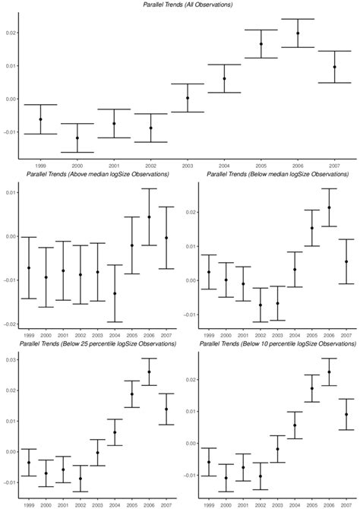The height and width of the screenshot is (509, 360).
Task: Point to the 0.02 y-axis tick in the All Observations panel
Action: click(10, 33)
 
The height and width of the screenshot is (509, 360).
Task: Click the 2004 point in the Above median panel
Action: click(115, 293)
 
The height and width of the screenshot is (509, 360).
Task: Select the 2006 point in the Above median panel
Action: click(149, 217)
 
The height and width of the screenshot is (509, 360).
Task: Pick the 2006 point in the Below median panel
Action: click(329, 207)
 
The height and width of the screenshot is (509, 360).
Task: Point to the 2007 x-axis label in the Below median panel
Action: click(346, 335)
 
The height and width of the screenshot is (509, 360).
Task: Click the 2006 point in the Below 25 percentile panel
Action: click(149, 371)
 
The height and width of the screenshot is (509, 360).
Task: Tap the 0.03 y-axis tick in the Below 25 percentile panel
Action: click(10, 359)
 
